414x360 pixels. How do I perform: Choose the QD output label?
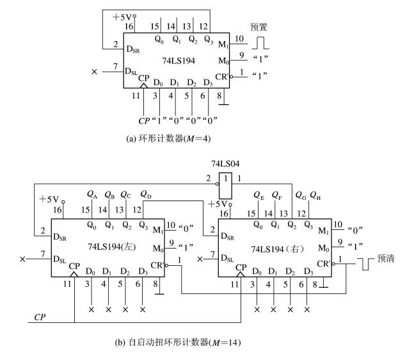click(145, 194)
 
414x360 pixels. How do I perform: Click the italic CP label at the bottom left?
click(40, 317)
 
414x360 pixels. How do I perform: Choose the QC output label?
click(127, 194)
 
